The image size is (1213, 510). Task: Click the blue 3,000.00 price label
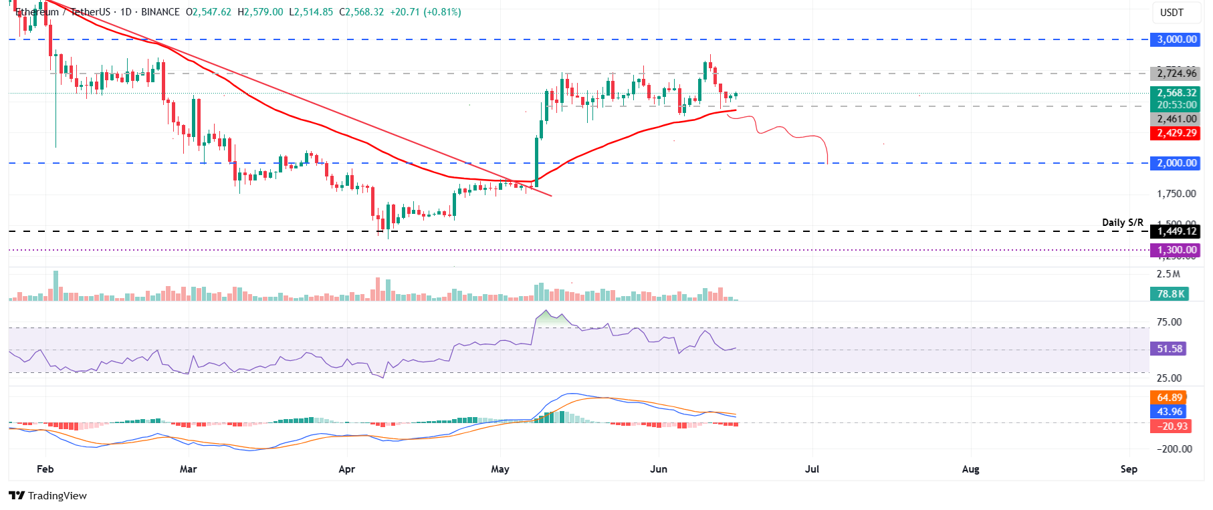pyautogui.click(x=1176, y=39)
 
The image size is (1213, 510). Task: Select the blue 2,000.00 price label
pyautogui.click(x=1176, y=163)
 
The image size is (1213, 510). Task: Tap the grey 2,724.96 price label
pyautogui.click(x=1176, y=74)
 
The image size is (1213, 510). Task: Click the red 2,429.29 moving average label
pyautogui.click(x=1176, y=133)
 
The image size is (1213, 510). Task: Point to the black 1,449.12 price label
pyautogui.click(x=1176, y=231)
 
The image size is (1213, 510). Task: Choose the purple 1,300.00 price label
pyautogui.click(x=1176, y=250)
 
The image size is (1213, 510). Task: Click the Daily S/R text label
pyautogui.click(x=1122, y=222)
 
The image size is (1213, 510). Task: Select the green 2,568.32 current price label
pyautogui.click(x=1176, y=93)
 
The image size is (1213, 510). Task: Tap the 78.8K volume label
pyautogui.click(x=1170, y=293)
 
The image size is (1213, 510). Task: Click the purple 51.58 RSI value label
pyautogui.click(x=1170, y=349)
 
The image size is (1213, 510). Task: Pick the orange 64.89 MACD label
pyautogui.click(x=1169, y=398)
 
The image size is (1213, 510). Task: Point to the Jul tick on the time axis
pyautogui.click(x=812, y=469)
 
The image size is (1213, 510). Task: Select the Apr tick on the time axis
pyautogui.click(x=346, y=469)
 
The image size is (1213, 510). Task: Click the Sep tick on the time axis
pyautogui.click(x=1129, y=469)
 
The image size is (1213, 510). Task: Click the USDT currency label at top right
pyautogui.click(x=1172, y=12)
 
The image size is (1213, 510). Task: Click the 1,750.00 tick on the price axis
pyautogui.click(x=1176, y=194)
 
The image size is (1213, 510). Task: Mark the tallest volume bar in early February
pyautogui.click(x=56, y=286)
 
